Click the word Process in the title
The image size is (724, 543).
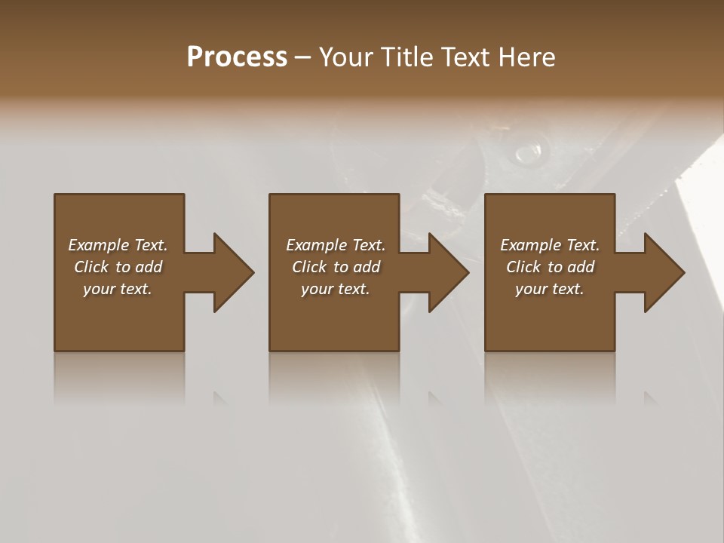pyautogui.click(x=237, y=57)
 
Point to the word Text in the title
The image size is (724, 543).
pyautogui.click(x=465, y=57)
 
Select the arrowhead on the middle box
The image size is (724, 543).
pyautogui.click(x=447, y=272)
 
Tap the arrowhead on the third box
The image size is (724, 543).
pyautogui.click(x=663, y=272)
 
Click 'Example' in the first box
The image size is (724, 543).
pyautogui.click(x=99, y=245)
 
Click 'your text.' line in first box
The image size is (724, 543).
pyautogui.click(x=118, y=289)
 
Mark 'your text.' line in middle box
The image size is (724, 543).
pyautogui.click(x=336, y=289)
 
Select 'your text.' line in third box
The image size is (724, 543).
pyautogui.click(x=550, y=289)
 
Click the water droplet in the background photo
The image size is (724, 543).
pyautogui.click(x=528, y=154)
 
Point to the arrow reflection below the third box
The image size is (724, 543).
pyautogui.click(x=650, y=398)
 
